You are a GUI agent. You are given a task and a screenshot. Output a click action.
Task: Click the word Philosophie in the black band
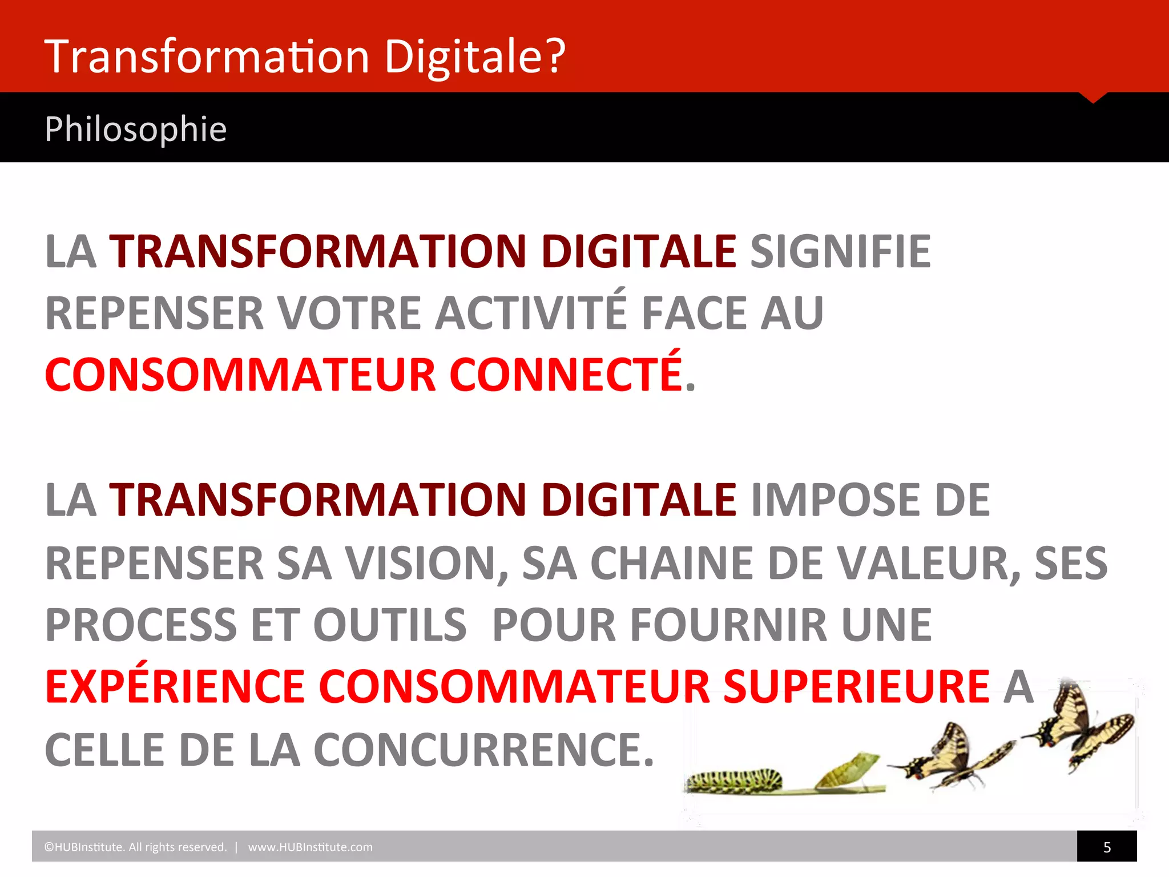click(x=136, y=129)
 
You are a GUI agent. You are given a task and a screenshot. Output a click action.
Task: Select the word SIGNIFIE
click(x=840, y=252)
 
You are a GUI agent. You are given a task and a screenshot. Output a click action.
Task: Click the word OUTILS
click(x=390, y=625)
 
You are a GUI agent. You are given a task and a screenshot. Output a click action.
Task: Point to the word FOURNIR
click(x=728, y=625)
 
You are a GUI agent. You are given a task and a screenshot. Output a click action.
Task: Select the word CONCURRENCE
click(x=483, y=750)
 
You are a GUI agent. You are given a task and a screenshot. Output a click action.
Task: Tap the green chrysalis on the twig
click(x=848, y=771)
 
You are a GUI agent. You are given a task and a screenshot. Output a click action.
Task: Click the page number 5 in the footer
click(x=1107, y=847)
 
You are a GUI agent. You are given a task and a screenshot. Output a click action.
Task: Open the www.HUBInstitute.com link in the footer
click(x=310, y=847)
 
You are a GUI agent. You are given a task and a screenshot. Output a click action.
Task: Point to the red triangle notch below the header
click(x=1093, y=97)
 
